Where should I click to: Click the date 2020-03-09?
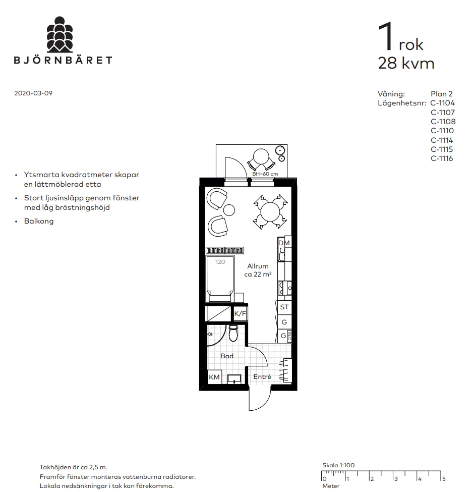click(x=33, y=94)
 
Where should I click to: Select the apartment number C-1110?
click(x=443, y=131)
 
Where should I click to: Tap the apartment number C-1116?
click(x=443, y=158)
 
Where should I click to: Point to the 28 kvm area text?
click(x=406, y=64)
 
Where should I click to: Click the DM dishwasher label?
click(x=284, y=243)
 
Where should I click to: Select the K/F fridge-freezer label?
click(x=241, y=314)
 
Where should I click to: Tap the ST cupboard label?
click(x=284, y=307)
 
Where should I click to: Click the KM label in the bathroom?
click(x=214, y=377)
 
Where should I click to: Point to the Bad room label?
click(x=227, y=356)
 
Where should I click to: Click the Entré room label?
click(x=262, y=377)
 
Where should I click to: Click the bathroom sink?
click(x=234, y=379)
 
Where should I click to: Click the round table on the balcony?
click(x=262, y=156)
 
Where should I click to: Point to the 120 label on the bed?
click(x=220, y=262)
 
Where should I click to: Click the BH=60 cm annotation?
click(x=265, y=174)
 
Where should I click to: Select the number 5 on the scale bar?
click(x=444, y=478)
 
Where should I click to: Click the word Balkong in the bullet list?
click(x=38, y=221)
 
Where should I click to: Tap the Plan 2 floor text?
click(x=442, y=94)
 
